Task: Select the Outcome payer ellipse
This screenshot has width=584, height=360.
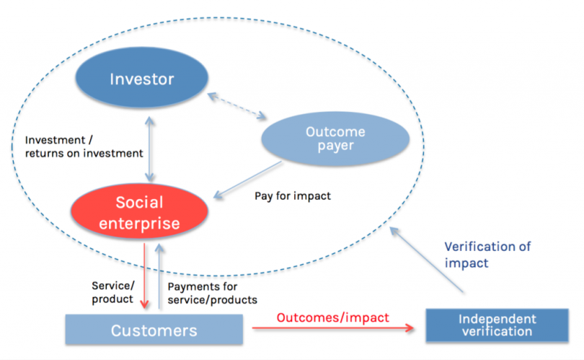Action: click(335, 139)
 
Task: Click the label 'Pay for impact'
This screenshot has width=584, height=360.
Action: click(293, 196)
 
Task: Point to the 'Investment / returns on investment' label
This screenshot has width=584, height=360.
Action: click(84, 146)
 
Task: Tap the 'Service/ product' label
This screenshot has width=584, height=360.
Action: click(112, 291)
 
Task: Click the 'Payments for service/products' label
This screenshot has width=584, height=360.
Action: click(212, 293)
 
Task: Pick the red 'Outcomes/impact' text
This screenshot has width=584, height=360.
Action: click(333, 317)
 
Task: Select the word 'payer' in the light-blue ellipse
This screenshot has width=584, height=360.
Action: click(335, 146)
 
